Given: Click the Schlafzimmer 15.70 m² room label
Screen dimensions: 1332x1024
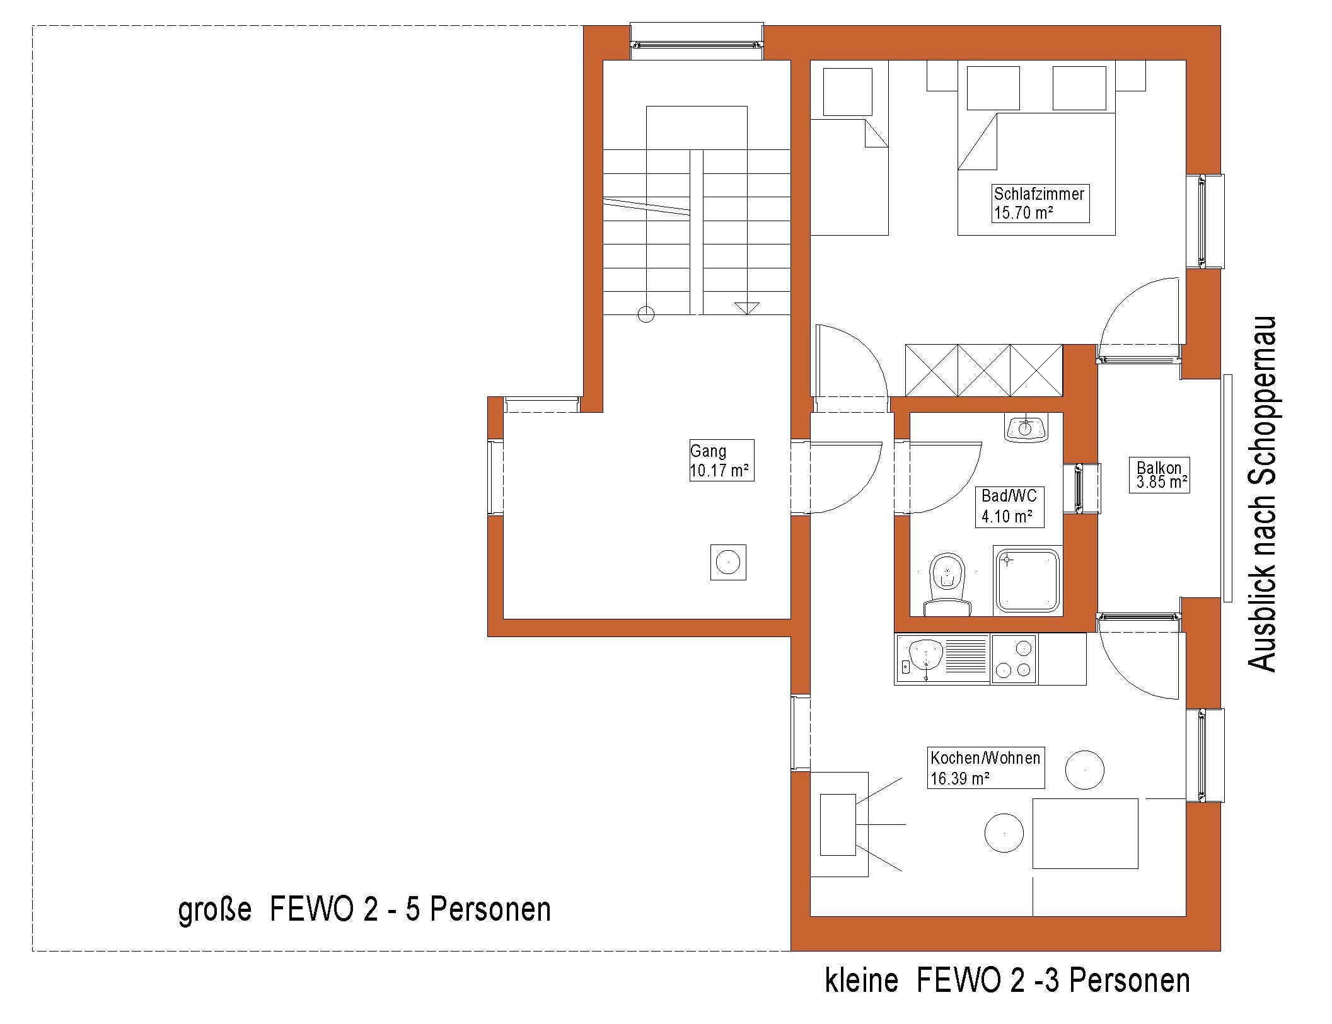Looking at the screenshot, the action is click(1040, 203).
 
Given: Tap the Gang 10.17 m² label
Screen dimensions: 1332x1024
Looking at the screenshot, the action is click(721, 460).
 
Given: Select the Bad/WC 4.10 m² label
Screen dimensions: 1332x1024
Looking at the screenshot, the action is click(1009, 506).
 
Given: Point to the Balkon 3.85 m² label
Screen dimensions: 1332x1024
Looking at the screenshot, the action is click(1159, 475).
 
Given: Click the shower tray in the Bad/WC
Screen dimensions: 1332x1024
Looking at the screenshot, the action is click(1027, 580).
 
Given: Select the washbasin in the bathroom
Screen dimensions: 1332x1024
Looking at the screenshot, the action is click(1026, 428).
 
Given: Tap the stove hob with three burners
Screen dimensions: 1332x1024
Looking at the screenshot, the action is click(1014, 659).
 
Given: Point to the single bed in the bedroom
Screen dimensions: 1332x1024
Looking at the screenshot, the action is click(848, 176).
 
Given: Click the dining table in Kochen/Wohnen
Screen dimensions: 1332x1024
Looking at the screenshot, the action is click(1085, 834).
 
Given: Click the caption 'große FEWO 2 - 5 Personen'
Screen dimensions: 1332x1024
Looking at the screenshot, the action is click(364, 910).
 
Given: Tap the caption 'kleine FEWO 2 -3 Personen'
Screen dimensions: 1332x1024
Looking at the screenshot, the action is click(1007, 981).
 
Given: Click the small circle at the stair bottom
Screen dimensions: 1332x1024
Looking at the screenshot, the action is click(646, 314).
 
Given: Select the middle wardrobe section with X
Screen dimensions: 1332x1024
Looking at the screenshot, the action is click(984, 370).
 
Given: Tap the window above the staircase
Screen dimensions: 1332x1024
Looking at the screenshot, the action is click(697, 43).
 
